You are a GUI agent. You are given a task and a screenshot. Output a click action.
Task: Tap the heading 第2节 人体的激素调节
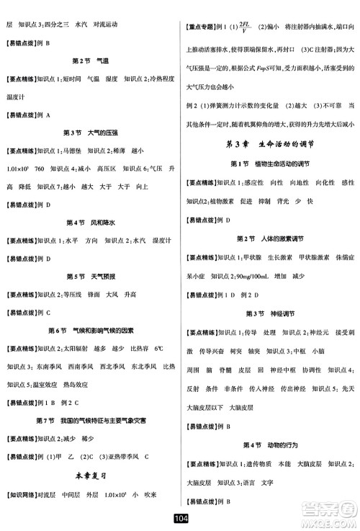click(271, 238)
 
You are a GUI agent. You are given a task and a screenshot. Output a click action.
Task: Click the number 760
click(39, 169)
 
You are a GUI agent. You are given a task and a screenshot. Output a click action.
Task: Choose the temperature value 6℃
click(159, 349)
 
